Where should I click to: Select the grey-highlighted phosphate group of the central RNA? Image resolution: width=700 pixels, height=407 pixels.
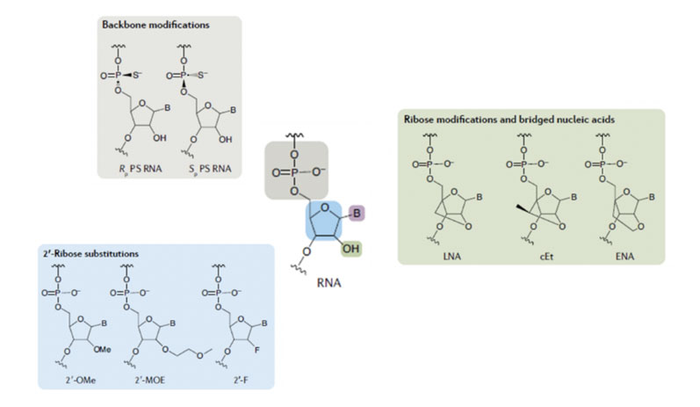(298, 169)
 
